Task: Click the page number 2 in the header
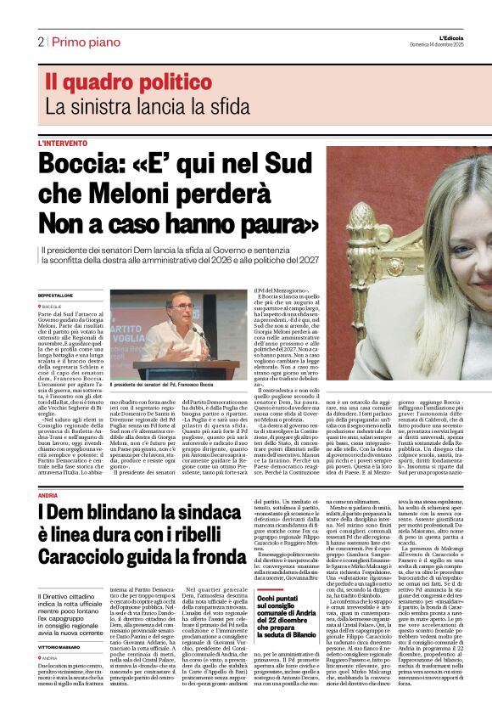click(40, 42)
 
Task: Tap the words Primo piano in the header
click(79, 42)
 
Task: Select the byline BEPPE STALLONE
click(56, 295)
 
